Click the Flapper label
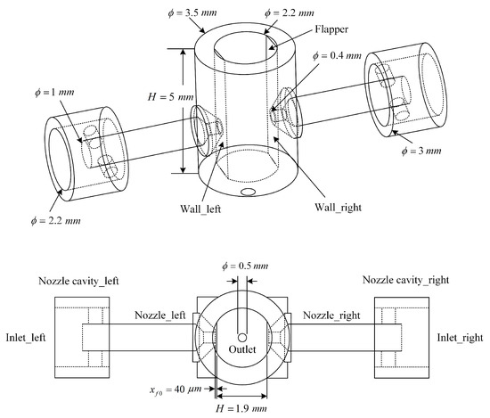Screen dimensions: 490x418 [x=331, y=29]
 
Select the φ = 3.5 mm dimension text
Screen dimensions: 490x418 [x=192, y=13]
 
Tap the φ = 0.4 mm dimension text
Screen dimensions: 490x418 [x=337, y=56]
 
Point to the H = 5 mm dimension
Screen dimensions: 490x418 [x=171, y=97]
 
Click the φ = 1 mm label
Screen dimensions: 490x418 [x=54, y=93]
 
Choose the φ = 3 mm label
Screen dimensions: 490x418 [x=421, y=151]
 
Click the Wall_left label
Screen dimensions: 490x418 [x=200, y=209]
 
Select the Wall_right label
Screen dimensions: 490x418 [x=338, y=208]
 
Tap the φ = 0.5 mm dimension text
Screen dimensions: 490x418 [x=245, y=266]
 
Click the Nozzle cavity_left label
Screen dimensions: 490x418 [x=78, y=281]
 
